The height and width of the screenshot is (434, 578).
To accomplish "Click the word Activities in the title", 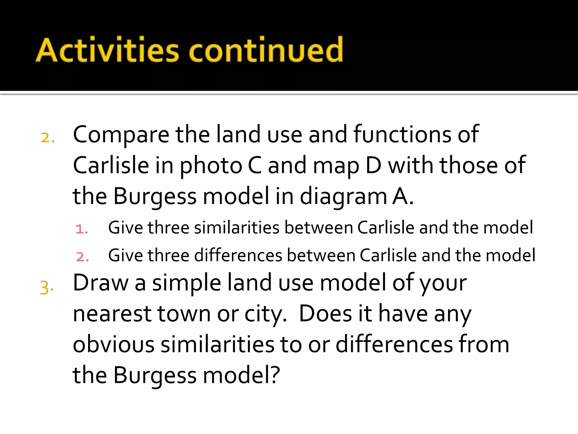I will [x=108, y=50].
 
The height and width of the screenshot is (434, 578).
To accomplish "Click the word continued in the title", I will [x=266, y=50].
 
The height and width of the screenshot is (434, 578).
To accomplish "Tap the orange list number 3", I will [x=47, y=288].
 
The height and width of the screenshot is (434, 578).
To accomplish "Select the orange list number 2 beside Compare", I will [x=48, y=138].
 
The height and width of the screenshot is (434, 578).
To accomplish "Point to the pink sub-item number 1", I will [x=82, y=229].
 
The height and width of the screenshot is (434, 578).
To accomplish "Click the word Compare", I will [x=121, y=135].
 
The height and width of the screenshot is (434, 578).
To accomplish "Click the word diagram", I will [x=343, y=197].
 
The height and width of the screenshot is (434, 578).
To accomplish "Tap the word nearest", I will [x=112, y=314].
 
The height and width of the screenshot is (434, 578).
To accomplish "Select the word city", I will [x=265, y=314].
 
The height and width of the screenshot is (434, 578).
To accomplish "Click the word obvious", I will [x=113, y=344].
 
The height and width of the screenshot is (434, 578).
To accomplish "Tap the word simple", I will [x=187, y=283].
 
